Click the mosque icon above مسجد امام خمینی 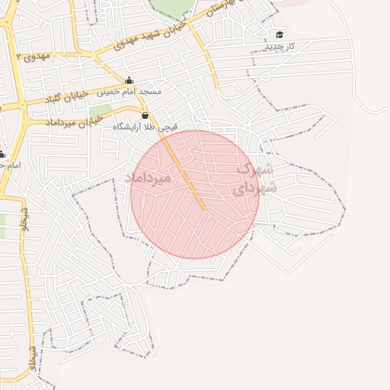(x=129, y=81)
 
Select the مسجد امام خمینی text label (x=128, y=91)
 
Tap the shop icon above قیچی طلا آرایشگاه (x=145, y=115)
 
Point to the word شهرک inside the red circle (x=254, y=168)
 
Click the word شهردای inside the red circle (x=254, y=187)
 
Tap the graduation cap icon (x=280, y=35)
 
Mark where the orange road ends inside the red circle (x=203, y=207)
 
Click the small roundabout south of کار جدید (x=266, y=76)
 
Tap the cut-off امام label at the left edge (x=6, y=165)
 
